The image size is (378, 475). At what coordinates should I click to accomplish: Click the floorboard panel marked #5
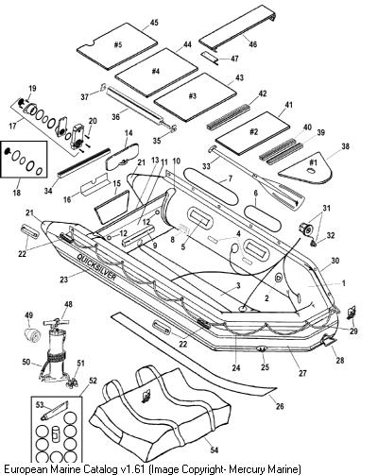pos(117,50)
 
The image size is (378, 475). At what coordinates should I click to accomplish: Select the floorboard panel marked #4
pos(156,73)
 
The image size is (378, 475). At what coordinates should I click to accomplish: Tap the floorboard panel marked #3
pos(195,97)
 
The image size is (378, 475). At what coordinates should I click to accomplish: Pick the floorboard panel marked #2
pos(252,133)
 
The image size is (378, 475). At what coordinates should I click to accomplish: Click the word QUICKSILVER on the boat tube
pos(96,267)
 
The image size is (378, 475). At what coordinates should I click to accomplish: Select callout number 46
pos(252,44)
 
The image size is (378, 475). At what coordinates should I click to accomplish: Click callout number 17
pos(12,127)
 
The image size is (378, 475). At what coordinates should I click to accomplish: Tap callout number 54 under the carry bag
pos(214,450)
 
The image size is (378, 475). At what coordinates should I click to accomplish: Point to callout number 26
pos(280,406)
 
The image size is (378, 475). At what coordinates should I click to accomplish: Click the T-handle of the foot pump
pos(57,323)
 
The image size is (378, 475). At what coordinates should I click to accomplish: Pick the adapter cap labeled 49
pos(33,334)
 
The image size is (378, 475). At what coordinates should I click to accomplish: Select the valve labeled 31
pos(305,228)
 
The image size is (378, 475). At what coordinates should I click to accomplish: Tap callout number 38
pos(345,146)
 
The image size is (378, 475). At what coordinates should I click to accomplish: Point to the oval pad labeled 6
pos(263,218)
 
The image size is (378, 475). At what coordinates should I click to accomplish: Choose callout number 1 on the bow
pos(344,283)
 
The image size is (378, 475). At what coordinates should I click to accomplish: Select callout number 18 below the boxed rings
pos(16,192)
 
